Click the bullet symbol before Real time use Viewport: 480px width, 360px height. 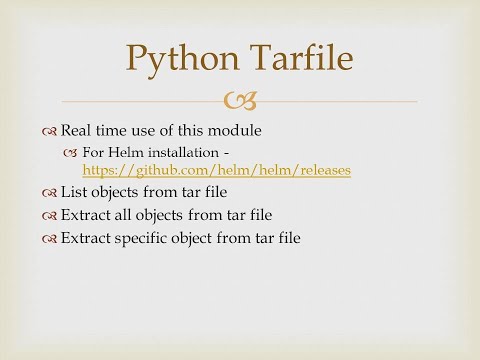[x=50, y=131]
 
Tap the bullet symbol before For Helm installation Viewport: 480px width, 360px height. [x=70, y=152]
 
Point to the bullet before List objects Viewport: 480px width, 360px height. [x=50, y=192]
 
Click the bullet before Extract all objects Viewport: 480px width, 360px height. [x=50, y=215]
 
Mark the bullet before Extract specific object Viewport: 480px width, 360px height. [x=50, y=238]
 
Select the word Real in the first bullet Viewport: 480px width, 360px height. [x=76, y=130]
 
